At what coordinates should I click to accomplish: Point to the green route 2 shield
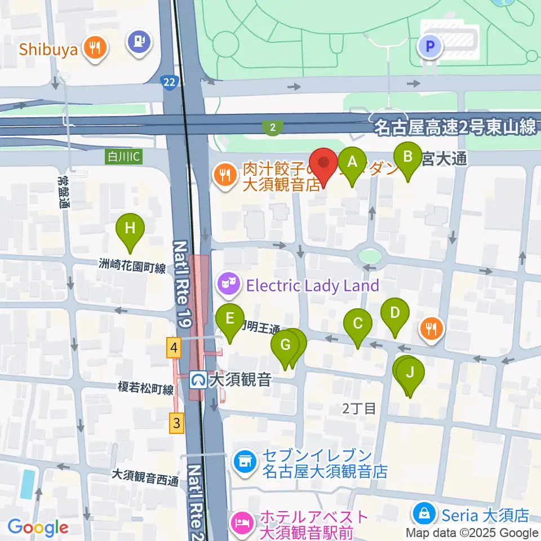(273, 128)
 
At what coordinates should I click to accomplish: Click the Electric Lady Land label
(312, 286)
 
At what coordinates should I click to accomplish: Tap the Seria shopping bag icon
(422, 514)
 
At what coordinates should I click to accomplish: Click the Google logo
(37, 527)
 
